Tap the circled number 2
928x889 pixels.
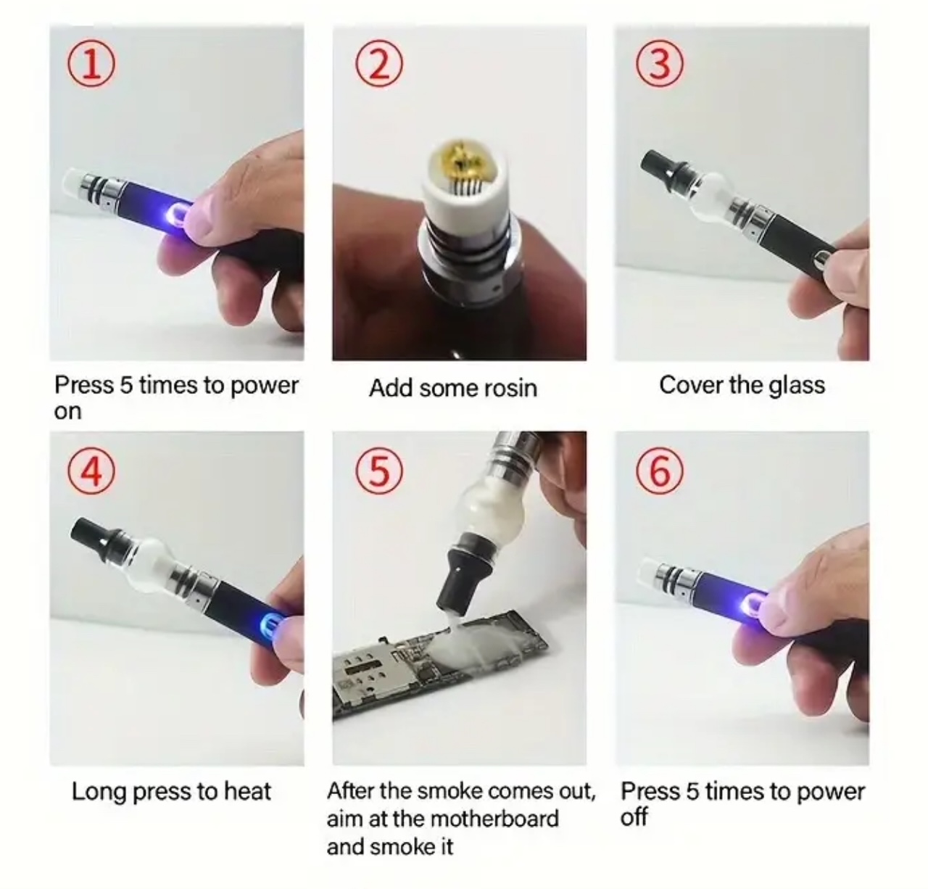coord(379,63)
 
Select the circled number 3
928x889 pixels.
coord(660,63)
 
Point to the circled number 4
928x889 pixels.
coord(91,471)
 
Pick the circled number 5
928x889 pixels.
coord(379,471)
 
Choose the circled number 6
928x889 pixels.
coord(660,471)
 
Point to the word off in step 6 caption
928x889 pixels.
coord(634,817)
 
